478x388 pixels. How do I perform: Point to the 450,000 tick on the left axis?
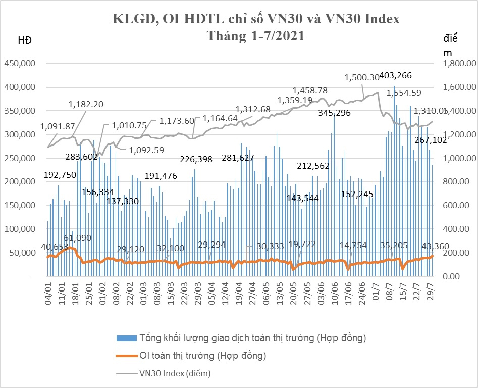(x=20, y=64)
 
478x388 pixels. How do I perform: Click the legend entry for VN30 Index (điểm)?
(x=175, y=374)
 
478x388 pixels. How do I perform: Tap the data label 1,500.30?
(x=361, y=78)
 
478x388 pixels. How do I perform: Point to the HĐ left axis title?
(x=25, y=40)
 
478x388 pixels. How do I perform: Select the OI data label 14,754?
(x=356, y=245)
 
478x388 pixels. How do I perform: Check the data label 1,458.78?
(x=310, y=90)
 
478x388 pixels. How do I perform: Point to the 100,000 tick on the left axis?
(x=20, y=229)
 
